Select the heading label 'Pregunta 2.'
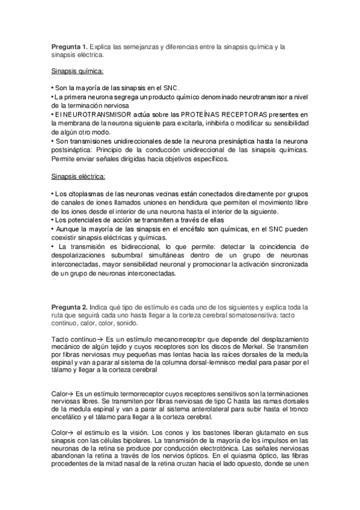coord(69,307)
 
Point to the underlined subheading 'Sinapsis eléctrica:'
coord(79,177)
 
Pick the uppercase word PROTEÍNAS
coord(201,114)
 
